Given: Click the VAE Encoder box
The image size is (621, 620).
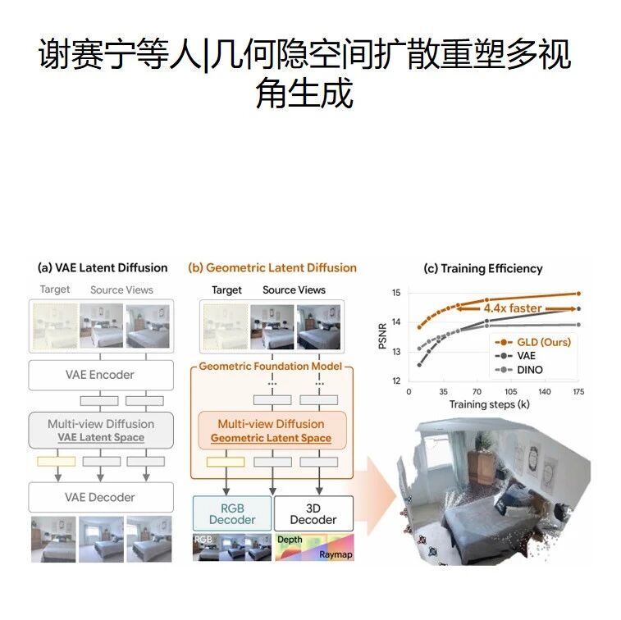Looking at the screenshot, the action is click(x=101, y=375).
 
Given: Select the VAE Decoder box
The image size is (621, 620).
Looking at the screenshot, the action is click(x=101, y=497).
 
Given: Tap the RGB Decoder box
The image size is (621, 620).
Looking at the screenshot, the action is click(x=232, y=513).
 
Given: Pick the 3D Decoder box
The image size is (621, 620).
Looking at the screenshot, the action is click(x=313, y=513).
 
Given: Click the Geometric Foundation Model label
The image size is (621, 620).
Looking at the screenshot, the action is click(x=270, y=367).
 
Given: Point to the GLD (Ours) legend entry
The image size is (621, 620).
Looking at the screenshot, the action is click(x=532, y=342).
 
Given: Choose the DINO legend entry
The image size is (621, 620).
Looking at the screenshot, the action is click(x=518, y=370).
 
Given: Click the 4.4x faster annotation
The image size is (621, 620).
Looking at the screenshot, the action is click(x=513, y=308).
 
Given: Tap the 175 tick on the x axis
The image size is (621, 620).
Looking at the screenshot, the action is click(x=578, y=391).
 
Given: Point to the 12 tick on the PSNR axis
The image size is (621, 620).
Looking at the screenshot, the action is click(x=396, y=381).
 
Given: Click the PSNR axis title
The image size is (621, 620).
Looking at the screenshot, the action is click(x=382, y=336).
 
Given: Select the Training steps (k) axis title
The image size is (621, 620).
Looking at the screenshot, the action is click(x=490, y=404).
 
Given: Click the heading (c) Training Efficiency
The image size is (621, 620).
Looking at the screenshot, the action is click(x=483, y=268).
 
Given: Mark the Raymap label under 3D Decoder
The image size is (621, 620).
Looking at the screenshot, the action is click(x=336, y=554).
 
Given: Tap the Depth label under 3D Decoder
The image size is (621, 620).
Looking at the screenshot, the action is click(x=290, y=540).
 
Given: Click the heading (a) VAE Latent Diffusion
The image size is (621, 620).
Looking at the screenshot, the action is click(x=103, y=267).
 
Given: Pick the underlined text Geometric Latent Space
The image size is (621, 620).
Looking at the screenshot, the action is click(x=271, y=438).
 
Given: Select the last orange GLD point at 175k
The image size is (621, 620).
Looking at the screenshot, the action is click(x=578, y=294).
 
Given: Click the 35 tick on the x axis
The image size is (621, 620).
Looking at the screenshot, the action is click(x=443, y=391).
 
